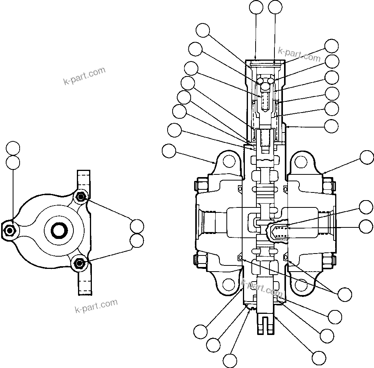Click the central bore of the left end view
click(x=59, y=230)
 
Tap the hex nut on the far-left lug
click(x=9, y=230)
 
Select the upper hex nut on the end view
click(x=80, y=197)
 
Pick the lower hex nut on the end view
click(x=80, y=263)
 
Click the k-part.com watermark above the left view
click(x=84, y=76)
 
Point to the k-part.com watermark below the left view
click(x=96, y=306)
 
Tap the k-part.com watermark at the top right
click(x=299, y=55)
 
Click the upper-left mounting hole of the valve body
click(x=228, y=162)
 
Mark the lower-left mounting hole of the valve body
click(x=228, y=284)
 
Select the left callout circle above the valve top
click(x=256, y=7)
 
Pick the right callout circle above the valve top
click(x=276, y=7)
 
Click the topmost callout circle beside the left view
click(x=13, y=148)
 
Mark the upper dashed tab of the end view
click(x=84, y=181)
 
